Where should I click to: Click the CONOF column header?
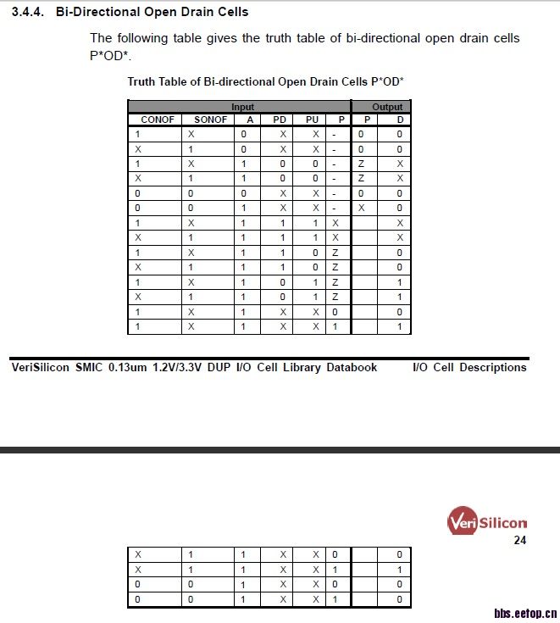click(x=157, y=120)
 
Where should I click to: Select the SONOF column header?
click(x=210, y=120)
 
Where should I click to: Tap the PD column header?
click(x=280, y=120)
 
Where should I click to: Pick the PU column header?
click(x=312, y=120)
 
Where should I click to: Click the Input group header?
click(x=242, y=108)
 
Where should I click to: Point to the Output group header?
click(x=387, y=108)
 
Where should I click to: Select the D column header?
click(x=400, y=120)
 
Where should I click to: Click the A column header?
click(x=250, y=120)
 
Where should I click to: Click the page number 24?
click(x=520, y=540)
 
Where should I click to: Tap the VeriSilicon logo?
click(x=486, y=521)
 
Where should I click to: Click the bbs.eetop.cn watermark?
click(x=524, y=612)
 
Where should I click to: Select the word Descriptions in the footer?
click(x=493, y=368)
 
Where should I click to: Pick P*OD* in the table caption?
click(x=387, y=82)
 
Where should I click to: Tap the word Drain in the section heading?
click(x=193, y=13)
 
